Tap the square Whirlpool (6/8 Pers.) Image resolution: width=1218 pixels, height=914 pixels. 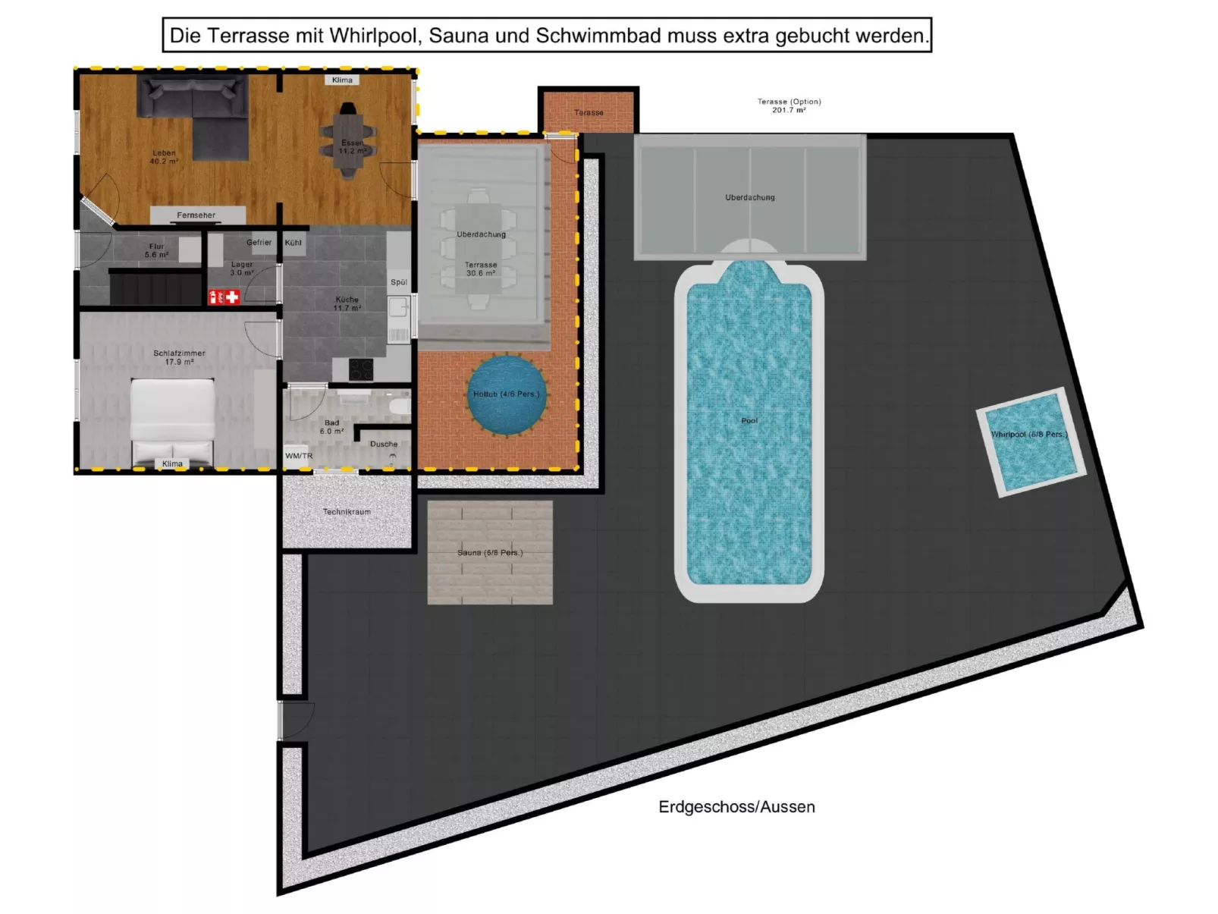(x=1030, y=442)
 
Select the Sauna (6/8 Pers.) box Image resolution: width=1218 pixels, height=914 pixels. (x=490, y=552)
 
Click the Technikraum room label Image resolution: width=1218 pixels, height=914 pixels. (x=347, y=512)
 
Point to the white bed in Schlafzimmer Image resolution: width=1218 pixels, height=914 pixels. (x=173, y=422)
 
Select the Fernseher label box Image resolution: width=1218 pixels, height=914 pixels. (x=196, y=215)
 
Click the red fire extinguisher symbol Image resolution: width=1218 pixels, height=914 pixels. (x=216, y=297)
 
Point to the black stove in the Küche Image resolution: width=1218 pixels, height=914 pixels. (x=361, y=369)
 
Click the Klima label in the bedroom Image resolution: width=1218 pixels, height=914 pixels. (x=172, y=463)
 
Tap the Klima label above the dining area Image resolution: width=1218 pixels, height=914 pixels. (x=342, y=80)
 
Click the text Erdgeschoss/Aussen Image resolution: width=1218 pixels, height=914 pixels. (x=736, y=807)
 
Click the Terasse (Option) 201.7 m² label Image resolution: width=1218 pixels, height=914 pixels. (x=789, y=105)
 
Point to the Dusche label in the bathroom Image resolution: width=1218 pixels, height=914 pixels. (x=384, y=444)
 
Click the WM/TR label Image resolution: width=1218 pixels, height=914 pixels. (x=299, y=456)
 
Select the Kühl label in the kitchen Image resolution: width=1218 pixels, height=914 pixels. (x=294, y=243)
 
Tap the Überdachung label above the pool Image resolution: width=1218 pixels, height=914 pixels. (x=749, y=197)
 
